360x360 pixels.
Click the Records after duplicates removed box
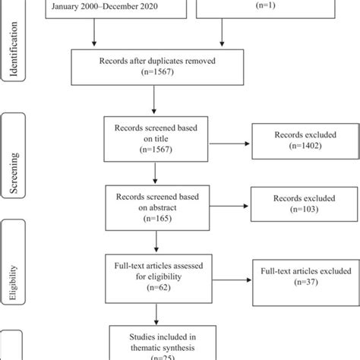(153, 67)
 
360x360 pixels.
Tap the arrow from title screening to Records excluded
(226, 144)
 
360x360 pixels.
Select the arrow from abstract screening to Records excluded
(226, 205)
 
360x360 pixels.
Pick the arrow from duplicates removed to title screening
(155, 99)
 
